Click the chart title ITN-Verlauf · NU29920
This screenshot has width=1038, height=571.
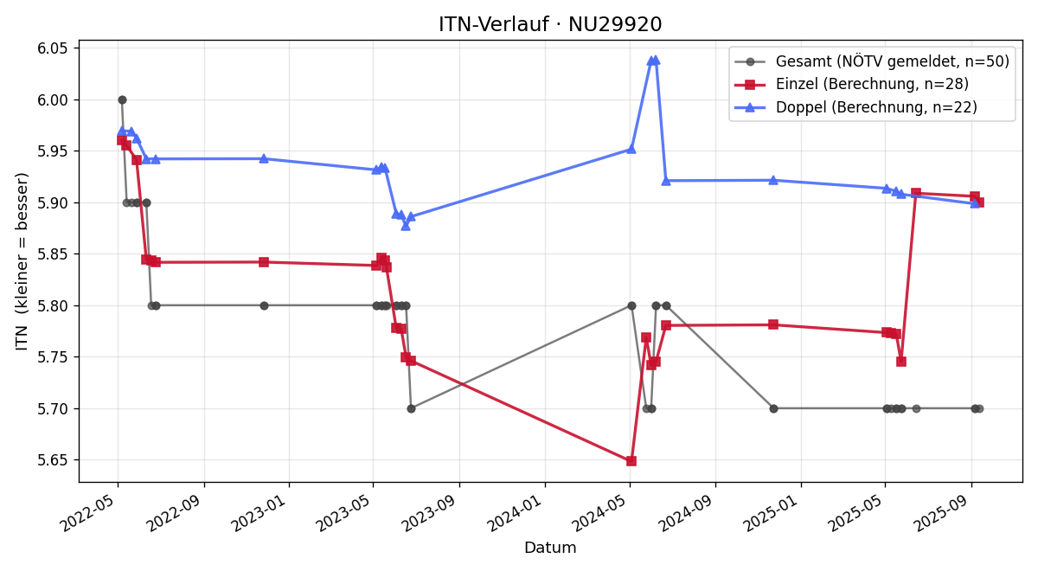click(x=550, y=24)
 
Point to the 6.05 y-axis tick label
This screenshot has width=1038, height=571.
click(x=52, y=48)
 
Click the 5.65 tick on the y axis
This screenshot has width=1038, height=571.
click(x=52, y=460)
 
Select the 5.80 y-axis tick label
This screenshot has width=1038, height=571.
click(x=52, y=306)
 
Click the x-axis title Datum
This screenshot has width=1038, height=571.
click(x=550, y=548)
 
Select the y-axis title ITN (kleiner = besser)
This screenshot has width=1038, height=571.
click(x=22, y=261)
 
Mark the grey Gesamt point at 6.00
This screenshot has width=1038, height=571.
click(x=122, y=99)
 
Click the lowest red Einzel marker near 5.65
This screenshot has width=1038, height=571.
click(x=631, y=460)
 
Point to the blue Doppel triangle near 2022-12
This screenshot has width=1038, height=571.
click(x=264, y=158)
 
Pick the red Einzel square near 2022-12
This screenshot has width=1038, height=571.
click(x=264, y=262)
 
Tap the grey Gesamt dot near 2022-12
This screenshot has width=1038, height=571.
click(x=264, y=306)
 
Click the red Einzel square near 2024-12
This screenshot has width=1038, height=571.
click(x=773, y=324)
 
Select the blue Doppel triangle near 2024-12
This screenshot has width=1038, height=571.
click(x=773, y=180)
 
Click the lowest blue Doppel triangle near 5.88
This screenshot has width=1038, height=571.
click(x=406, y=226)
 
